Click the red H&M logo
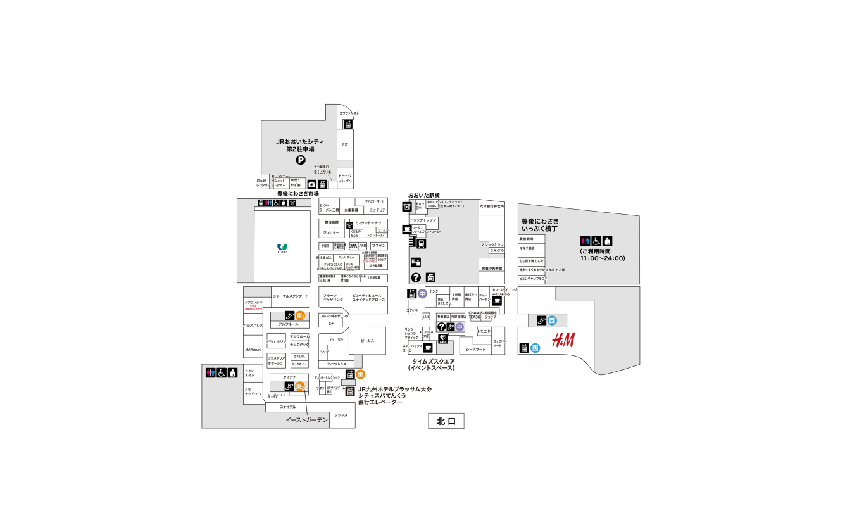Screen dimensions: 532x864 (563, 341)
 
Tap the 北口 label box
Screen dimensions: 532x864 (446, 421)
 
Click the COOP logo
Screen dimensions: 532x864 (282, 248)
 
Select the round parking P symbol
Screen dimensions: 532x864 (301, 160)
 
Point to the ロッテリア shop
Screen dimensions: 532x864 (377, 210)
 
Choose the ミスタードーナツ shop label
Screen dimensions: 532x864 (368, 223)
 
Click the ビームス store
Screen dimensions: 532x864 (367, 341)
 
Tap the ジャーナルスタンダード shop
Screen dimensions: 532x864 (291, 296)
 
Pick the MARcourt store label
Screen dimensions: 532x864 (253, 349)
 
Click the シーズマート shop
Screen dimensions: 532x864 (475, 349)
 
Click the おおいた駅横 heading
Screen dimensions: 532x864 (423, 195)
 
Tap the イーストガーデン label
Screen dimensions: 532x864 (307, 420)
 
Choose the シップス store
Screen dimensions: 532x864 (341, 415)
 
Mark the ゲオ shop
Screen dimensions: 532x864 (344, 144)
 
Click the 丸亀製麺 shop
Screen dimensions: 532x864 (351, 210)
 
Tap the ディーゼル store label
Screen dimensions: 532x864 (336, 339)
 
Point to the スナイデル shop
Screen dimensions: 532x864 (288, 407)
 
